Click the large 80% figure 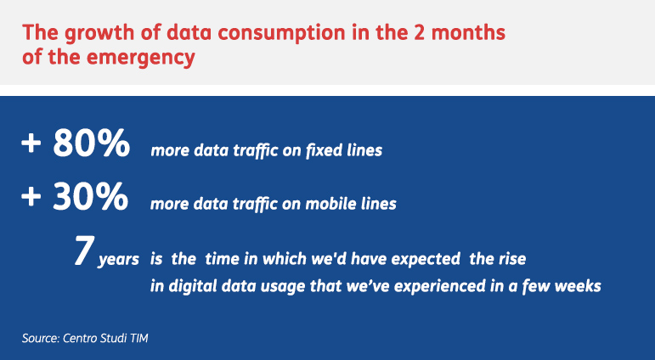(92, 143)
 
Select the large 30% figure (91, 196)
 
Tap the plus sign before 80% (31, 143)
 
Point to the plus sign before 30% (31, 197)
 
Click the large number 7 (84, 250)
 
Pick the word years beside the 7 (119, 260)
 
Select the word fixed (319, 150)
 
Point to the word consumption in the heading (281, 34)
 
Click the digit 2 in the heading (420, 32)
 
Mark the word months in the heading (468, 32)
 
